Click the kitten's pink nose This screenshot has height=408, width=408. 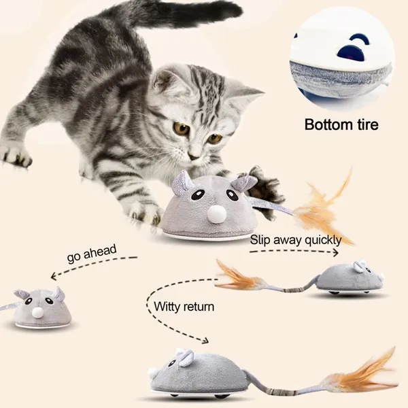[x=194, y=156]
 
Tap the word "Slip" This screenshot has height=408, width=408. [x=260, y=239]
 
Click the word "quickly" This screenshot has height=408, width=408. [x=323, y=240]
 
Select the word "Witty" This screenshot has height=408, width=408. [x=167, y=307]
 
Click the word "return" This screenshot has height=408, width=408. [x=199, y=307]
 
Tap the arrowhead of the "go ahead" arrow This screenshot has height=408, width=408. [x=54, y=275]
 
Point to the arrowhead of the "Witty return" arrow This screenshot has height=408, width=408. [x=205, y=340]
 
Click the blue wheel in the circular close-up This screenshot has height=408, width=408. [x=350, y=53]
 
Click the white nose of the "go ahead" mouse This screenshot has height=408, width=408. [x=37, y=311]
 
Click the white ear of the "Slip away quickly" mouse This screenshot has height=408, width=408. [x=358, y=267]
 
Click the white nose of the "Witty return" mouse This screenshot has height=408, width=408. [x=152, y=373]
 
